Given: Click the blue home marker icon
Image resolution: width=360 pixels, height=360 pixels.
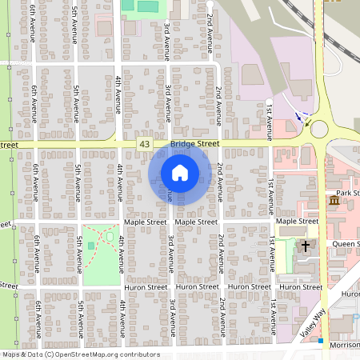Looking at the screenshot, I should point(180,173).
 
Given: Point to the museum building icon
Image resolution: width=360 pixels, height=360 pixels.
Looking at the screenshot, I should point(334,200).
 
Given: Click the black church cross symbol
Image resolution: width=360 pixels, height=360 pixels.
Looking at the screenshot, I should point(305,246).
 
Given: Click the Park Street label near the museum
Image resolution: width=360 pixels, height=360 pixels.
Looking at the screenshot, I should point(348,193).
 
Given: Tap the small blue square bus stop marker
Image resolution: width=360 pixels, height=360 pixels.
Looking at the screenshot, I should point(321,342).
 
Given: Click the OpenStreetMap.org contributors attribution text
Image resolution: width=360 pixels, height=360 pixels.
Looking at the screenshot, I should point(104,354).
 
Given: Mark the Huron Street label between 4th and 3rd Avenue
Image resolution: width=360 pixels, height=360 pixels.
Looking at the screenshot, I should point(146,286).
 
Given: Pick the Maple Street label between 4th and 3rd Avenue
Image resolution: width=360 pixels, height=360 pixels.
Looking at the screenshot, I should point(145,221).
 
